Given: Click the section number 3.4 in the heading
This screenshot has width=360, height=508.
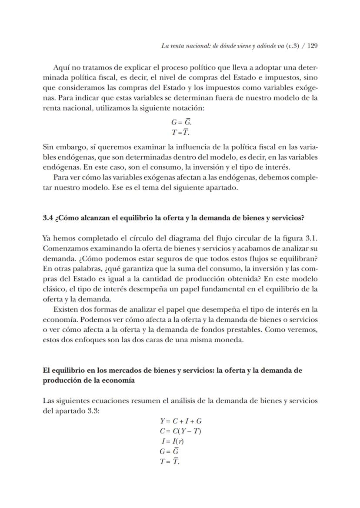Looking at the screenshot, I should coord(48,218).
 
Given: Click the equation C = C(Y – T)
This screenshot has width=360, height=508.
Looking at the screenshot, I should coord(180,431).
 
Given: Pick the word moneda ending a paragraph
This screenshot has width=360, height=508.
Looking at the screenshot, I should coord(231,340).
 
